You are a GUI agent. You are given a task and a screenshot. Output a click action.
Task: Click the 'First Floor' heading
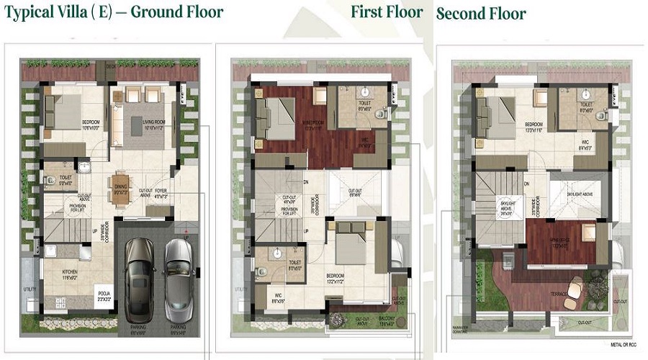click(x=387, y=12)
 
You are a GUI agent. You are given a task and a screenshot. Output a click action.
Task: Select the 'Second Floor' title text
click(x=481, y=14)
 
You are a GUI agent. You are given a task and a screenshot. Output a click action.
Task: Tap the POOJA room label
click(x=104, y=293)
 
